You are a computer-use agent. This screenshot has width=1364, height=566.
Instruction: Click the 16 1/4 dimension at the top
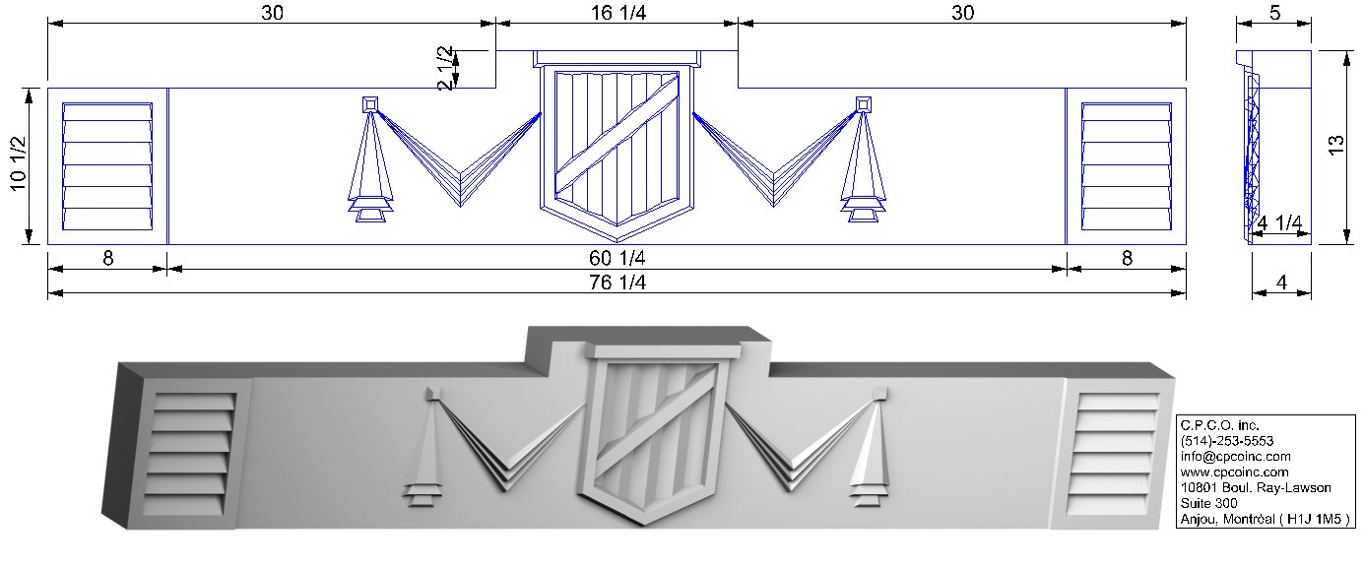[618, 12]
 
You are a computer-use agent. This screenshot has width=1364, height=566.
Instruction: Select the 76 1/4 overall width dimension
[617, 283]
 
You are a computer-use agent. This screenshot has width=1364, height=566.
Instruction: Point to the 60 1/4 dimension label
[617, 258]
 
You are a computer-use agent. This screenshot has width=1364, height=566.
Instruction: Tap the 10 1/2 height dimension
[19, 163]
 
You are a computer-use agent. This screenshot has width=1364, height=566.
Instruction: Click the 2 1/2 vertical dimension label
[446, 68]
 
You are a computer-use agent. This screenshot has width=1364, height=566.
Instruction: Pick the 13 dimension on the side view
[1336, 146]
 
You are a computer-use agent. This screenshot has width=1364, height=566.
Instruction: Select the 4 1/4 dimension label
[1279, 223]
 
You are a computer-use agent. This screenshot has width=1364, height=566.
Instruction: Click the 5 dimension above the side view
[1274, 12]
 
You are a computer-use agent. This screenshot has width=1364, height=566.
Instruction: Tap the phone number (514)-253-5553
[1226, 441]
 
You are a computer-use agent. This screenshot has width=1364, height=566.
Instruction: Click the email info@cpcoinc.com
[1236, 457]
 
